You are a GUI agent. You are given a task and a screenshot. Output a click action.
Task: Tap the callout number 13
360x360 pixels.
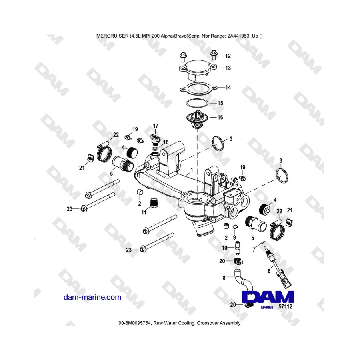tap(228, 68)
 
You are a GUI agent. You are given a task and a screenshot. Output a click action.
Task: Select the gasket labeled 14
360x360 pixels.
tap(198, 88)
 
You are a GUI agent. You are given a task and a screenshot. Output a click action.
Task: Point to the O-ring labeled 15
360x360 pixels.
tap(197, 103)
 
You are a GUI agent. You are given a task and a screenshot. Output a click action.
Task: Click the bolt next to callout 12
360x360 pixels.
tap(214, 55)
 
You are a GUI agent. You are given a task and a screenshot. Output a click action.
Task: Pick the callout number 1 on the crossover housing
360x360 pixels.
tap(192, 170)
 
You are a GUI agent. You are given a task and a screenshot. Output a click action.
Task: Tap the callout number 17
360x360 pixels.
tap(156, 126)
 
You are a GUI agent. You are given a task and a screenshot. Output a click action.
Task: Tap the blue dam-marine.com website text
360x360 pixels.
tap(92, 297)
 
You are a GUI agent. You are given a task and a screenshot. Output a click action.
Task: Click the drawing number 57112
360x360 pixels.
tap(285, 306)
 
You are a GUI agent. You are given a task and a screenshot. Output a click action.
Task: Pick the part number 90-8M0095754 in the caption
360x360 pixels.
tap(135, 323)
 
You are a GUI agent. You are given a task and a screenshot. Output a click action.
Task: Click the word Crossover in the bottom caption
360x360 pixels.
tap(208, 323)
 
